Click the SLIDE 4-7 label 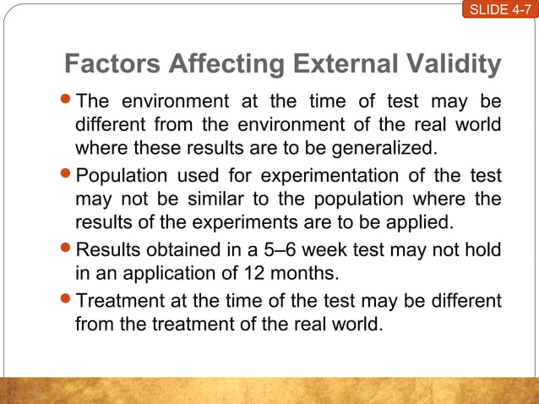pyautogui.click(x=499, y=10)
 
